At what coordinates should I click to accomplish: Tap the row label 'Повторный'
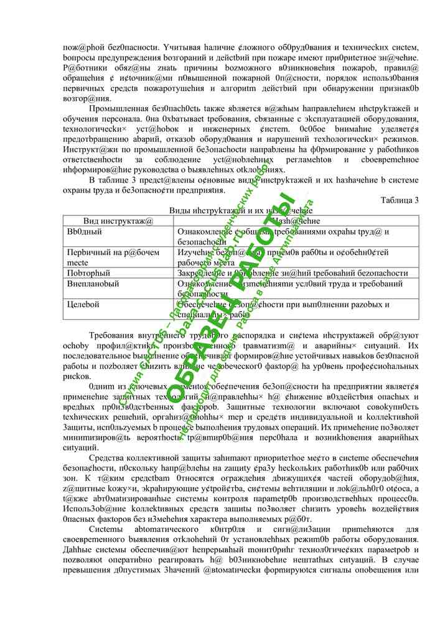[89, 273]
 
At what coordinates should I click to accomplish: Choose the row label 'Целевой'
[83, 305]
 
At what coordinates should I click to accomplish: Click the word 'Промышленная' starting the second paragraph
[118, 108]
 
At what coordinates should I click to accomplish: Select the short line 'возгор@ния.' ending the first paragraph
[87, 98]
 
